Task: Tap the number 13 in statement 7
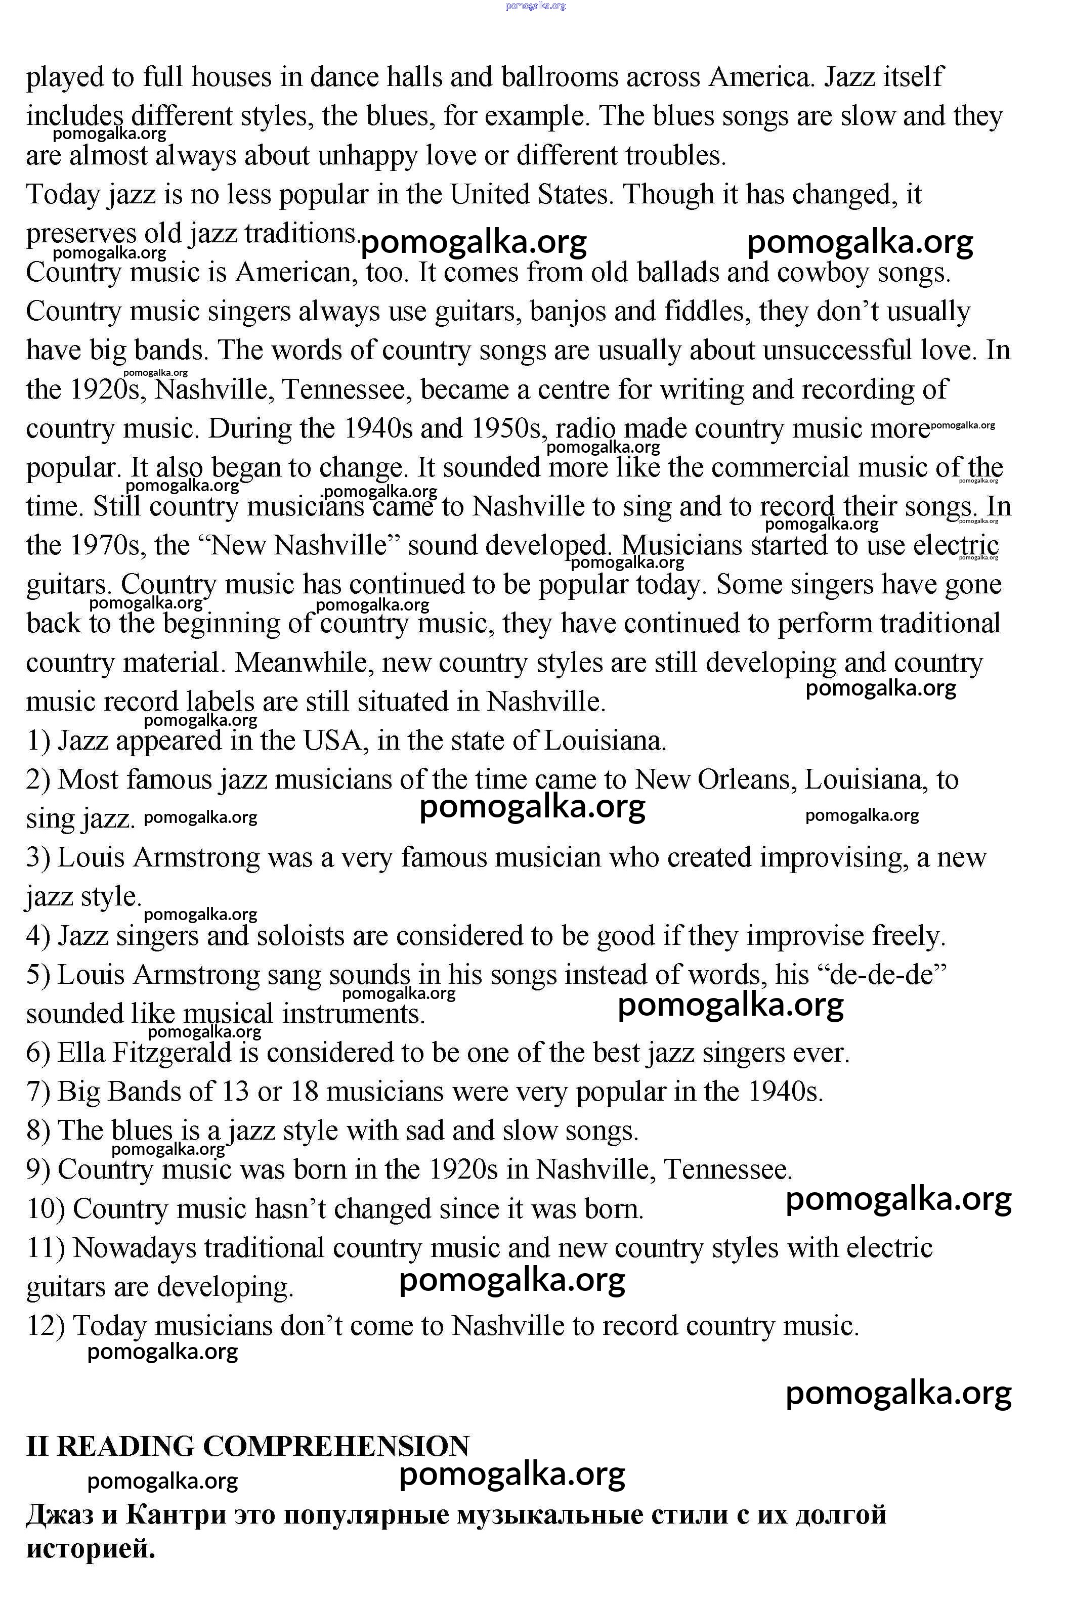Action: pyautogui.click(x=235, y=1092)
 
